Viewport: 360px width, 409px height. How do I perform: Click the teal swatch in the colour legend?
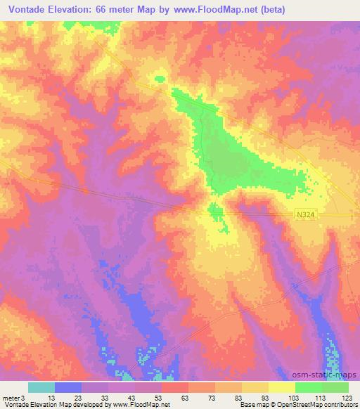pyautogui.click(x=41, y=387)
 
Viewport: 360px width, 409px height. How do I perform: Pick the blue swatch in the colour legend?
pyautogui.click(x=68, y=387)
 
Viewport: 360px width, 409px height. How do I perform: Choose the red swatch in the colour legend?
pyautogui.click(x=175, y=387)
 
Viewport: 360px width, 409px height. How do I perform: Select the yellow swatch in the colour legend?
pyautogui.click(x=282, y=387)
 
